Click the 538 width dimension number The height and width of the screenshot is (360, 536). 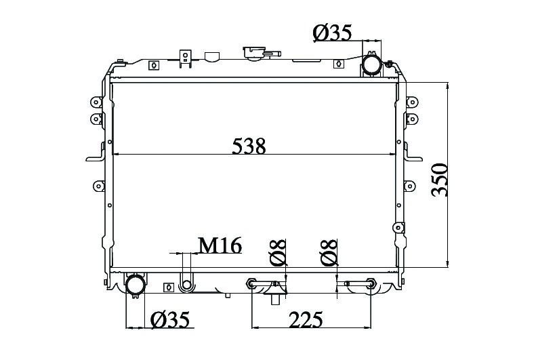pyautogui.click(x=249, y=146)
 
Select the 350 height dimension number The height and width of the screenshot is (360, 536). pyautogui.click(x=439, y=180)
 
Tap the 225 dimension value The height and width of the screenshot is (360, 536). pyautogui.click(x=306, y=319)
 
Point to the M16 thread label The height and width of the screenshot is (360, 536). pyautogui.click(x=220, y=245)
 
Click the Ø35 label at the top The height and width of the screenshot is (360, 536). pyautogui.click(x=332, y=33)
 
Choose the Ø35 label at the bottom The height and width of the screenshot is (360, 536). pyautogui.click(x=170, y=320)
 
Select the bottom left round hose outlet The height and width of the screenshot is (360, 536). pyautogui.click(x=136, y=285)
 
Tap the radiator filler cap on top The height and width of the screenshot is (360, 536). pyautogui.click(x=262, y=54)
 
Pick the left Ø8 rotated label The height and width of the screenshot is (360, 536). pyautogui.click(x=278, y=253)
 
